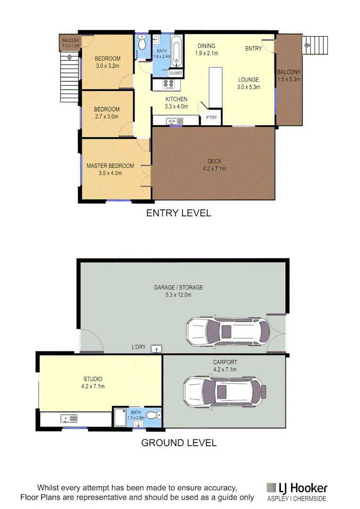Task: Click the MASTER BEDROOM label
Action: pyautogui.click(x=110, y=166)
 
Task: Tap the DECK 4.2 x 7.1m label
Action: pyautogui.click(x=214, y=165)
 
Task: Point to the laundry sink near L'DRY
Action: pyautogui.click(x=156, y=349)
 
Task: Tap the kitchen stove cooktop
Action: pyautogui.click(x=169, y=85)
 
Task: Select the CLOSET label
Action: pyautogui.click(x=176, y=73)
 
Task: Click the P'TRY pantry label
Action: pyautogui.click(x=211, y=118)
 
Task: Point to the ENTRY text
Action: pyautogui.click(x=253, y=49)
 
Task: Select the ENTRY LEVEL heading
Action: pyautogui.click(x=179, y=213)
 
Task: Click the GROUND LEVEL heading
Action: pyautogui.click(x=179, y=443)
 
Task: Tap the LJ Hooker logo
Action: pyautogui.click(x=296, y=488)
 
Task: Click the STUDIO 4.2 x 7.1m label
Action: pyautogui.click(x=93, y=383)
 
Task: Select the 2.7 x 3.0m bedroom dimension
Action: pyautogui.click(x=106, y=116)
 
